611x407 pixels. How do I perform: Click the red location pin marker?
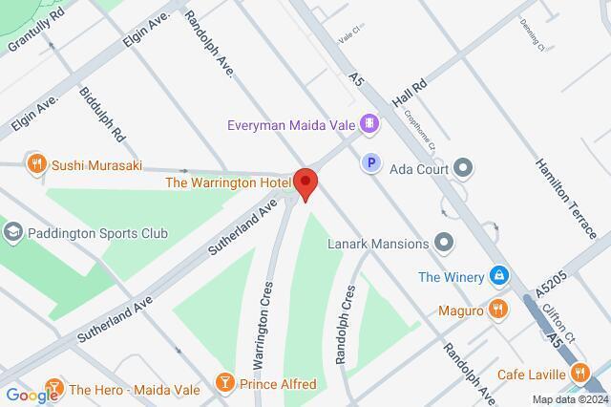[305, 182]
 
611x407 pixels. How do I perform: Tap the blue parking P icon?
[370, 164]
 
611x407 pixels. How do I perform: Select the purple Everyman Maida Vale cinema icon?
[369, 124]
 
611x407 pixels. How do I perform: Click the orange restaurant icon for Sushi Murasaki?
[36, 163]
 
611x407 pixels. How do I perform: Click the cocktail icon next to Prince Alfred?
[224, 383]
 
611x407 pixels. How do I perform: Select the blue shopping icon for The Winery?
[497, 277]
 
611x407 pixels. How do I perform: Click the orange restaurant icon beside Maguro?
[497, 309]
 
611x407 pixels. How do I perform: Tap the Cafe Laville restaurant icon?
[578, 374]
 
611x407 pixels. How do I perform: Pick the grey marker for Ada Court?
[464, 168]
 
